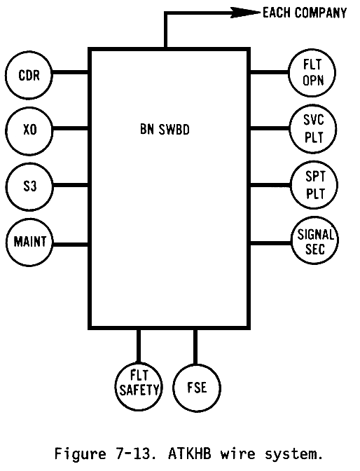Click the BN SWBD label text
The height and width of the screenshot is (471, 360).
tap(165, 130)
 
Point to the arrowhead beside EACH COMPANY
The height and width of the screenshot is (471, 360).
tap(246, 13)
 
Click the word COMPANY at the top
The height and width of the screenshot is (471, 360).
tap(321, 13)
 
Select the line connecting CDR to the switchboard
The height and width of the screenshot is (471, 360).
tap(70, 72)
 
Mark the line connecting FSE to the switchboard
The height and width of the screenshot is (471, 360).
tap(195, 347)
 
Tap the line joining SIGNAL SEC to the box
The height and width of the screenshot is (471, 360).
tap(271, 243)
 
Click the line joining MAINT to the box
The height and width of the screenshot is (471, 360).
tap(71, 245)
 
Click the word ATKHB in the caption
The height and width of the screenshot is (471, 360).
tap(190, 454)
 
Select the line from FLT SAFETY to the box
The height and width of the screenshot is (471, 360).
tap(139, 346)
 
